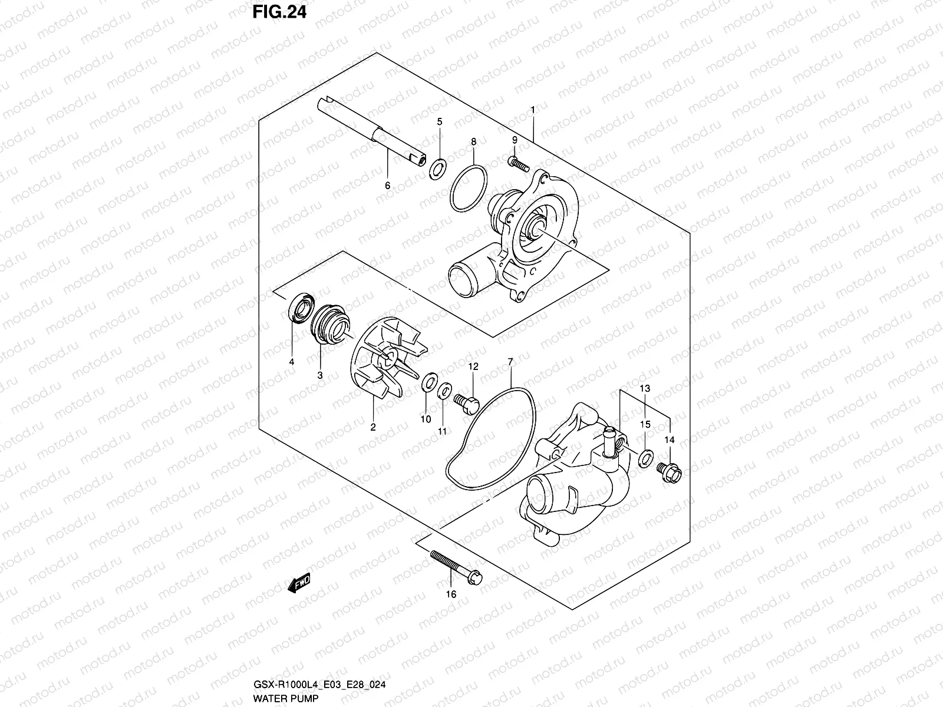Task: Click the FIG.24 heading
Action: tap(279, 12)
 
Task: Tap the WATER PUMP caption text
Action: tap(279, 699)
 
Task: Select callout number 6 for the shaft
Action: tap(387, 186)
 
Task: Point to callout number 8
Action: tap(473, 141)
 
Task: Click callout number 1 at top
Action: tap(533, 110)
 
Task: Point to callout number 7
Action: tap(510, 361)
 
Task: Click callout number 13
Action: tap(645, 388)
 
